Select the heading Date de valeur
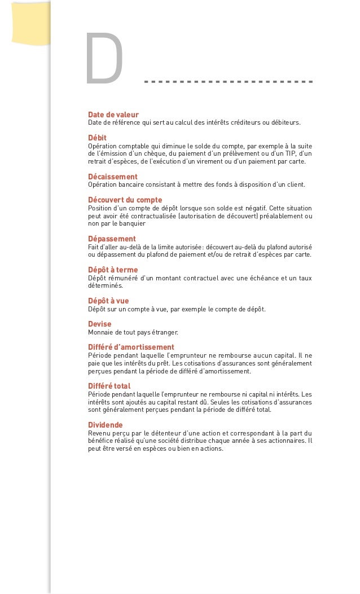[113, 115]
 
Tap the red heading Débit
[97, 138]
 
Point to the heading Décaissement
[113, 177]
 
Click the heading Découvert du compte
[125, 200]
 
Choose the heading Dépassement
[112, 239]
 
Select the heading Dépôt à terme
[113, 270]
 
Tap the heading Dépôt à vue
[108, 301]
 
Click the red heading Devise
[100, 324]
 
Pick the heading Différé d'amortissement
[131, 347]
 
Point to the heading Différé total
[109, 386]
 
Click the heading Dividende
[106, 425]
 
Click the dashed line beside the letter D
[228, 82]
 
